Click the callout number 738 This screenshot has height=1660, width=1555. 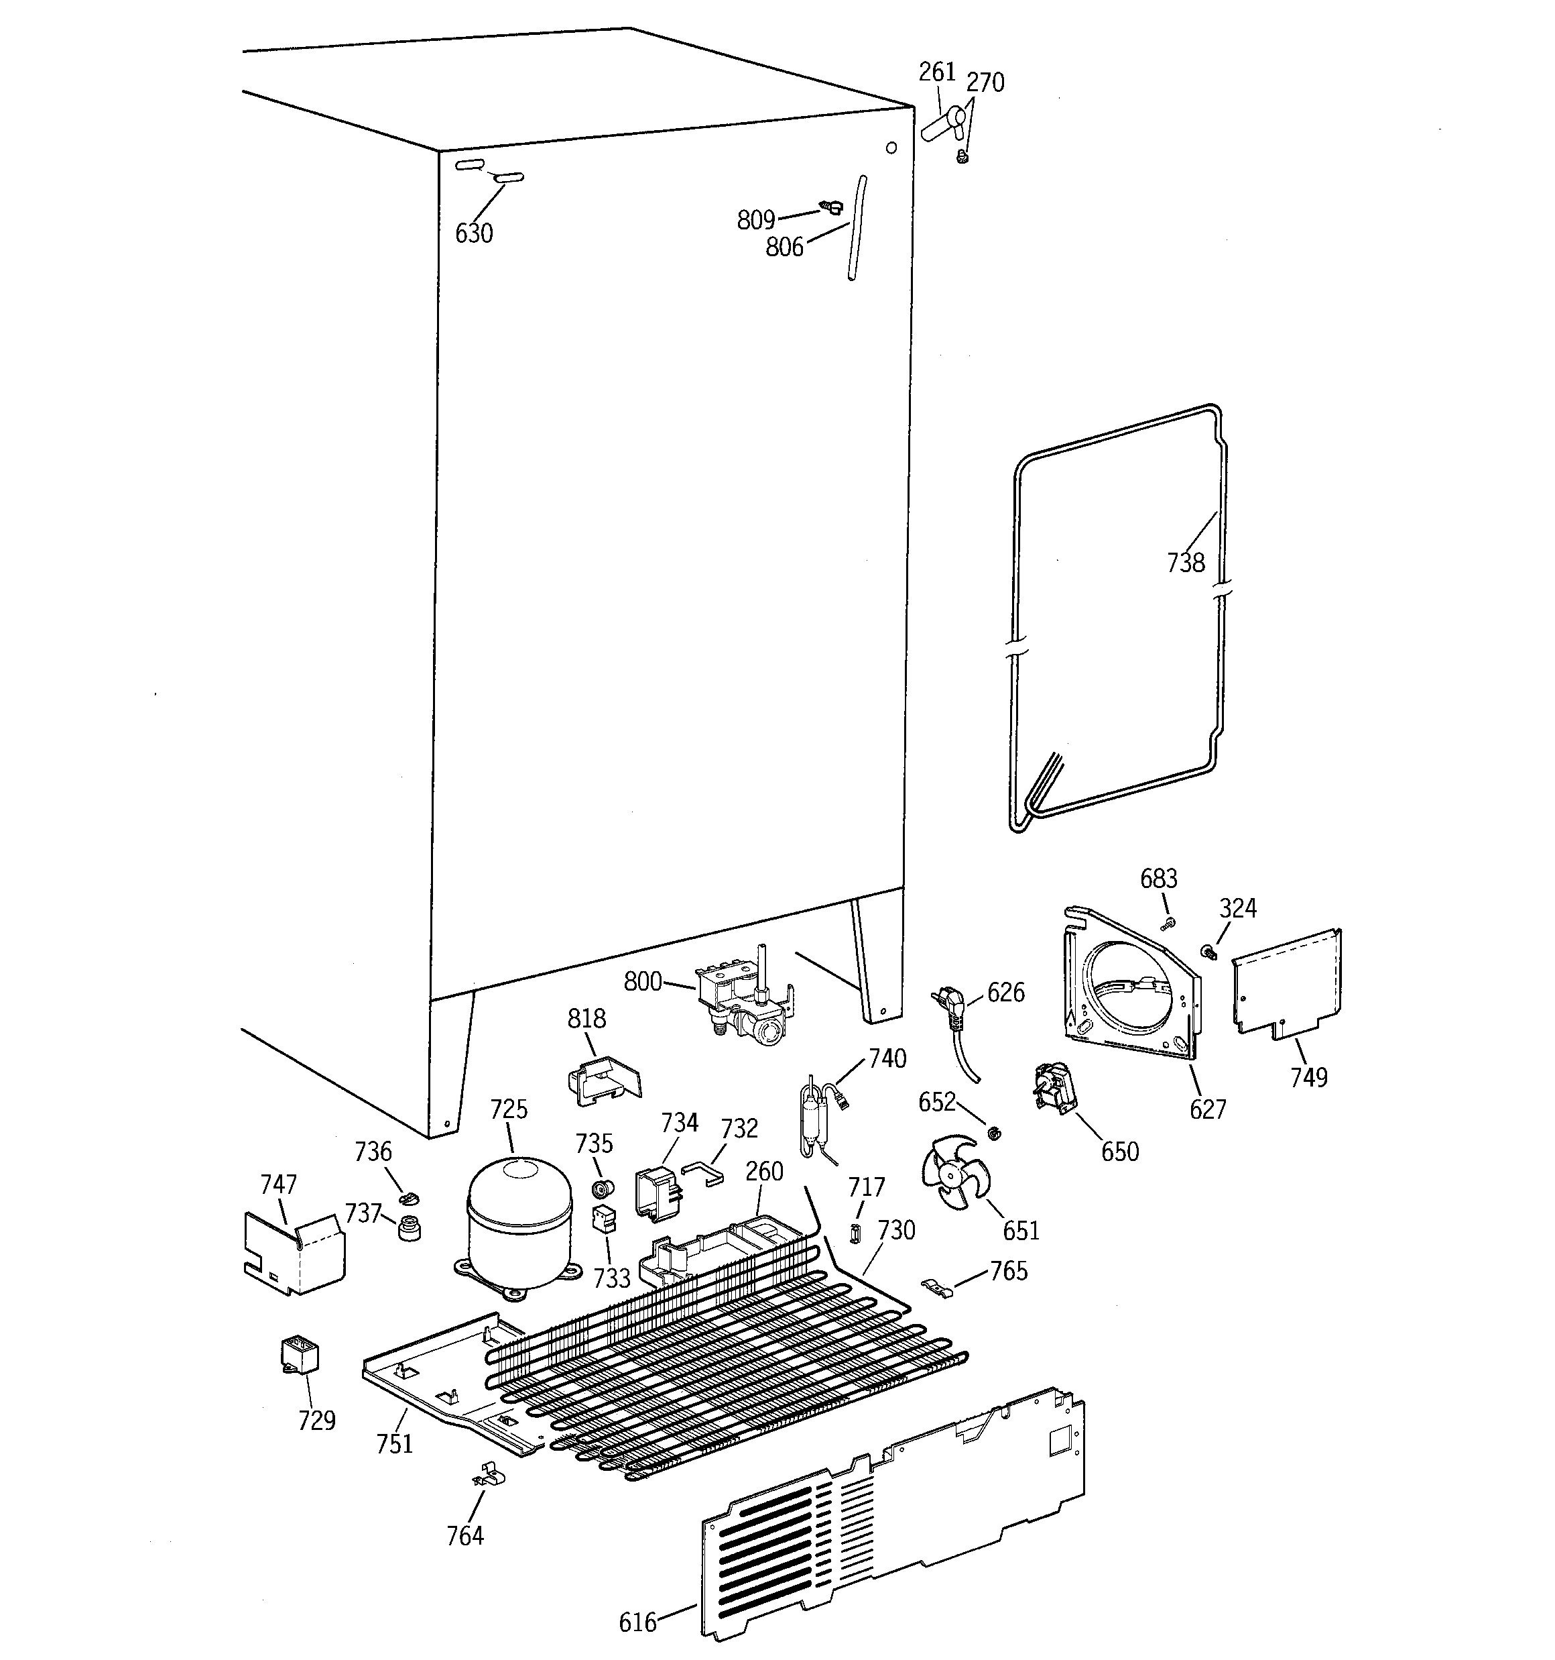[1185, 563]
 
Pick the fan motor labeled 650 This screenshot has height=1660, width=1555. [1054, 1088]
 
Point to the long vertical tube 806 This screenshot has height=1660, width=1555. [857, 228]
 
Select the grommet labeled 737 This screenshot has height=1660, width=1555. [409, 1228]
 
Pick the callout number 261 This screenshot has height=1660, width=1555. [936, 72]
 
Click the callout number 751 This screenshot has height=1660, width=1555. [394, 1444]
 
